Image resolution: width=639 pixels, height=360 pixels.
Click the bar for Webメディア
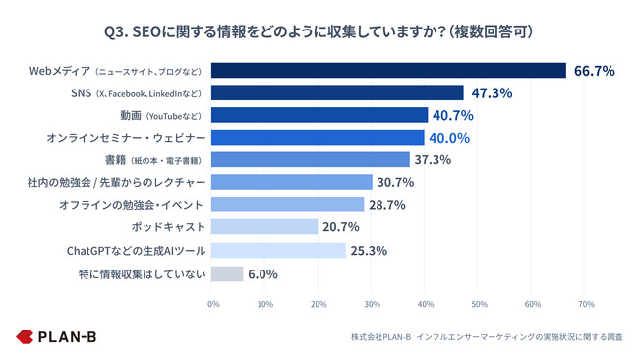tap(389, 70)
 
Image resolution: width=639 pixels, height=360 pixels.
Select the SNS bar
tap(338, 92)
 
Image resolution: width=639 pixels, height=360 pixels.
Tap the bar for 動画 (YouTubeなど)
tap(320, 115)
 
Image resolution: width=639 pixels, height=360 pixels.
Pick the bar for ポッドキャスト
tap(265, 227)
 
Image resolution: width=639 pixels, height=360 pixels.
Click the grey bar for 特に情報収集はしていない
tap(228, 273)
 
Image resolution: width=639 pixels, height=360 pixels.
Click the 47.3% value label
tap(491, 92)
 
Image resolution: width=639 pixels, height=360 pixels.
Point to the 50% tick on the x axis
tap(479, 304)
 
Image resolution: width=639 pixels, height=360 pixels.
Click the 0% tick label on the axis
tap(213, 304)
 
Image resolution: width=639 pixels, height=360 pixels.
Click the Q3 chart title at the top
tap(319, 30)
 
